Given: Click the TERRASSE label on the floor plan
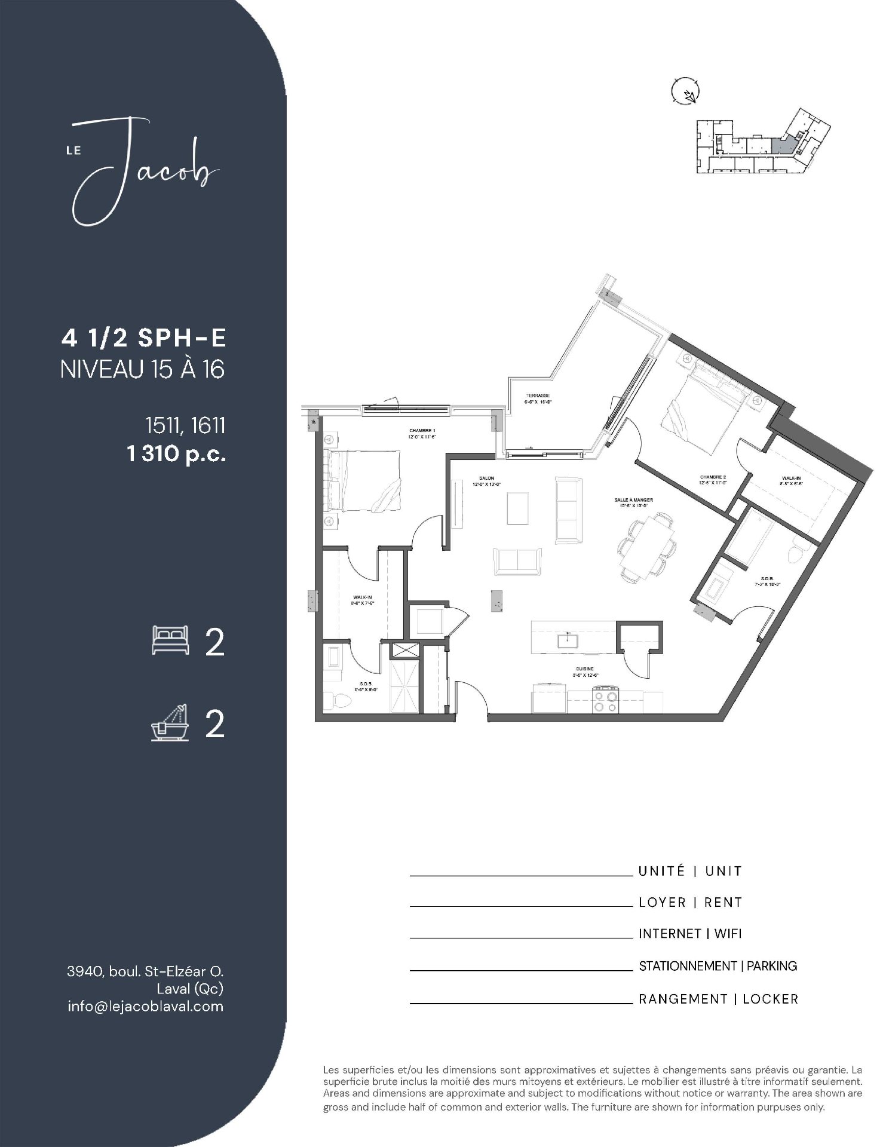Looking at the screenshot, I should click(x=538, y=396).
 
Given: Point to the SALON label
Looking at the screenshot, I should click(x=486, y=478).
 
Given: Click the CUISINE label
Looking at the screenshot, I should click(x=584, y=670).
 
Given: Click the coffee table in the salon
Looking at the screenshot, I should click(x=518, y=508).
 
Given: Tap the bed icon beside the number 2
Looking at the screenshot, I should click(x=171, y=640).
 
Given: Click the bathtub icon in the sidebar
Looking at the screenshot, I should click(x=170, y=723).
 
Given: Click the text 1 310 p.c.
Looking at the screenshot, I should click(x=176, y=455).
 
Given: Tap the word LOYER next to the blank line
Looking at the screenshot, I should click(x=662, y=902).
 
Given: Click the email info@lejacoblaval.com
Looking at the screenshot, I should click(x=146, y=1006).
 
